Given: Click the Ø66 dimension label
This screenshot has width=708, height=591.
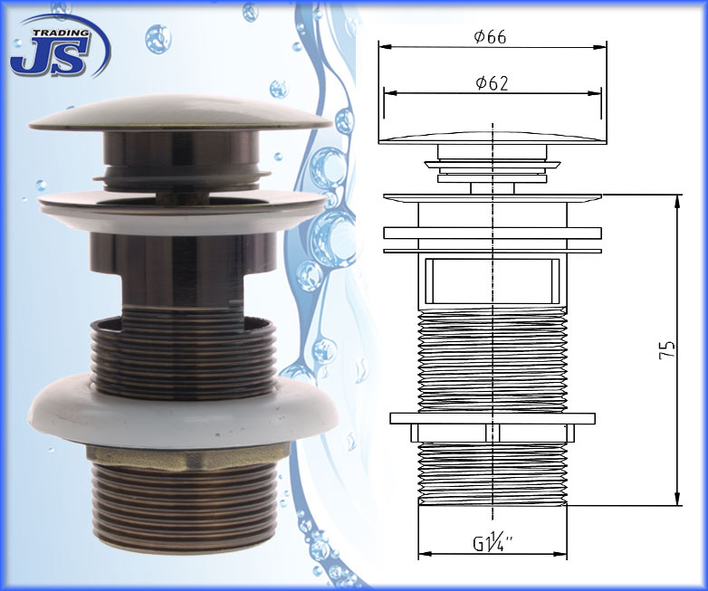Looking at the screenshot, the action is click(x=490, y=36).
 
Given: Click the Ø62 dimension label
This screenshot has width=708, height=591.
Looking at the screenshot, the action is click(x=492, y=83).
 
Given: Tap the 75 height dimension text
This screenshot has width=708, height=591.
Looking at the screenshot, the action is click(x=667, y=349).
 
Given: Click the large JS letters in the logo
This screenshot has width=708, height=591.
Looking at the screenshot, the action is click(x=50, y=57).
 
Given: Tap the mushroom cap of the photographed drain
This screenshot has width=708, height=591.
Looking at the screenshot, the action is click(x=180, y=114).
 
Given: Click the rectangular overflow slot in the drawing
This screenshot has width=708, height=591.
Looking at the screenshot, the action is click(x=493, y=281).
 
